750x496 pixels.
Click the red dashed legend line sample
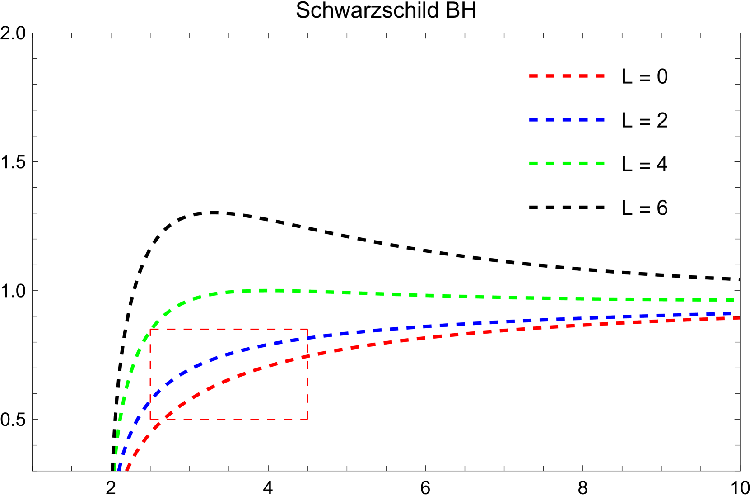[567, 76]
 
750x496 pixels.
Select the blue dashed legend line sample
[567, 120]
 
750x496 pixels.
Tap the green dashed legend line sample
[567, 164]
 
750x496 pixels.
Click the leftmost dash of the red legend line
[533, 76]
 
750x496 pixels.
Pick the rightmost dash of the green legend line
[600, 164]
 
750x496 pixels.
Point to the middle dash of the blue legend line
[567, 120]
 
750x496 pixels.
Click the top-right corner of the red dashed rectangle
[307, 329]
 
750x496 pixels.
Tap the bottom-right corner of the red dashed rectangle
[307, 419]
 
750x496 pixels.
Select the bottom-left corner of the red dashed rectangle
[150, 419]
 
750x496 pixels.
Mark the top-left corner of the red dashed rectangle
[150, 329]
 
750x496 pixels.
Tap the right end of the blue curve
[739, 313]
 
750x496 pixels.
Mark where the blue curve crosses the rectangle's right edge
[307, 338]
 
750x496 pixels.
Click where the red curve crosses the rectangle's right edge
[307, 357]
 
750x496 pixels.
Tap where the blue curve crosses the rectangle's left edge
[150, 400]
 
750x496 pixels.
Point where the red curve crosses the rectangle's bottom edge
[163, 419]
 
